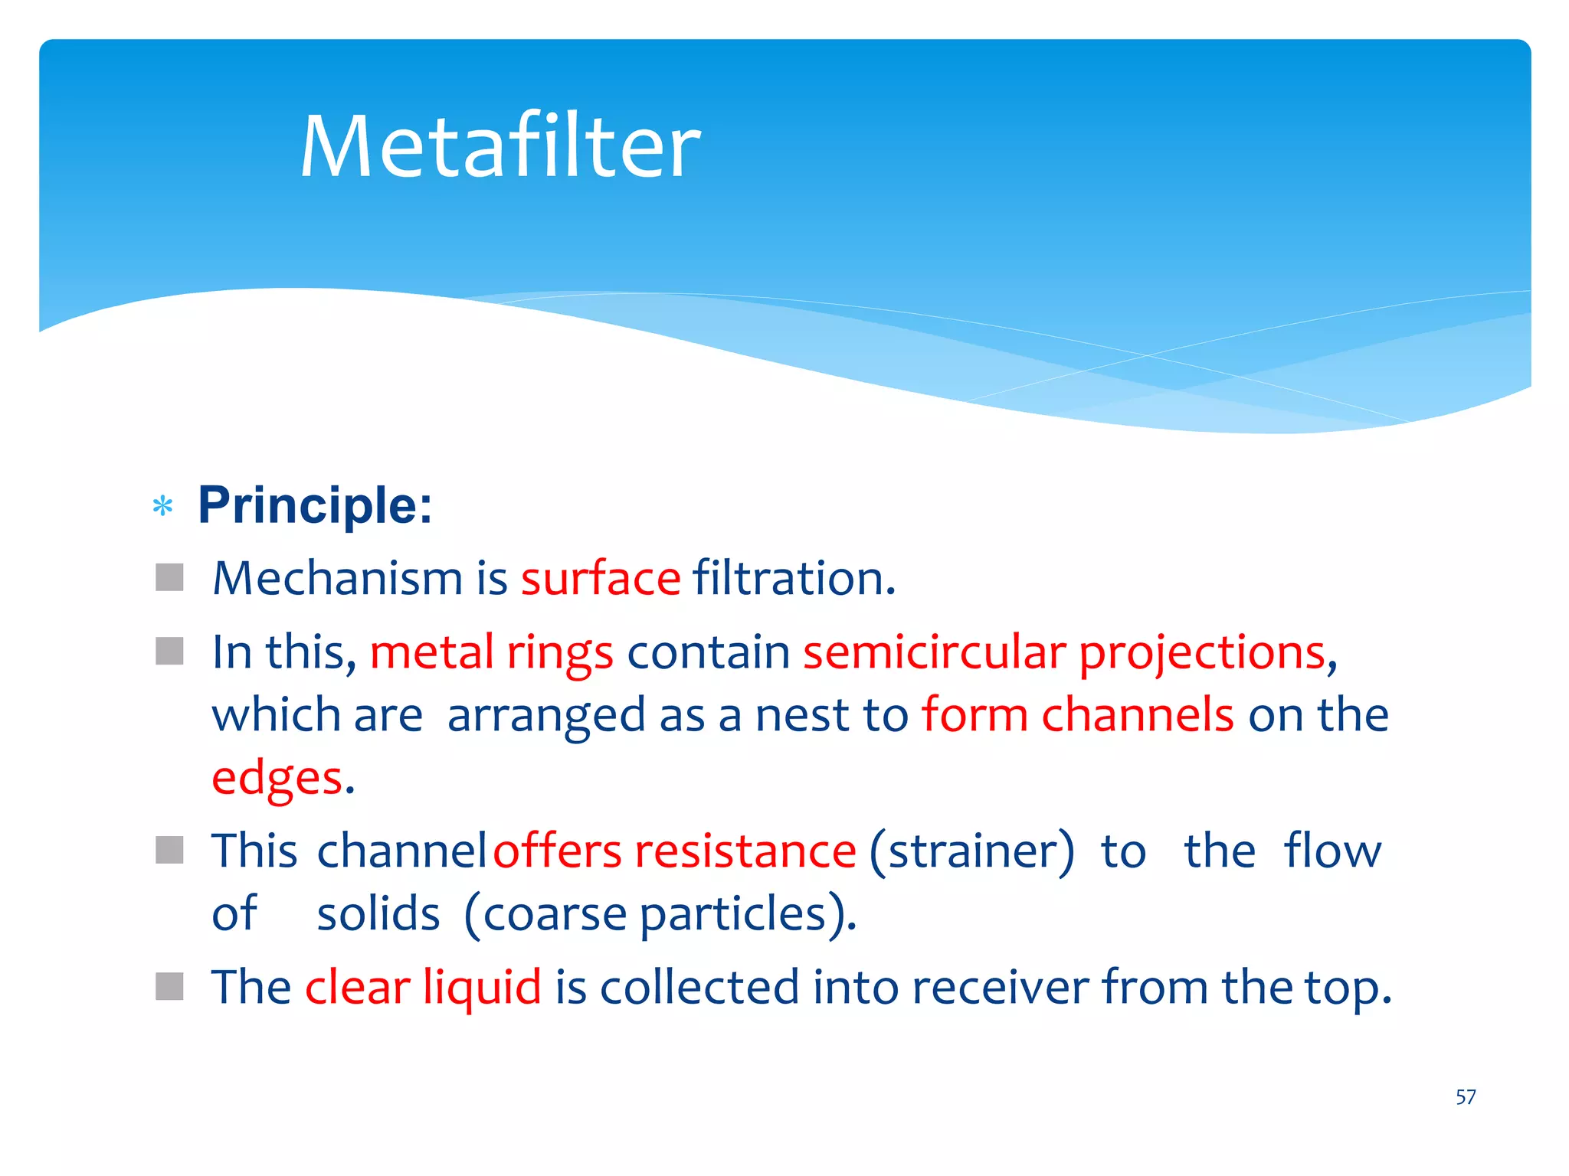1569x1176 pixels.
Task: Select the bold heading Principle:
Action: click(315, 505)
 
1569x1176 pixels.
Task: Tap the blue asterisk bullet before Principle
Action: click(162, 506)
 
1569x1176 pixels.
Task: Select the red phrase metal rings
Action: click(491, 652)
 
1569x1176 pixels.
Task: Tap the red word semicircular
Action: click(934, 652)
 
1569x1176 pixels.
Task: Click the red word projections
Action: click(1202, 652)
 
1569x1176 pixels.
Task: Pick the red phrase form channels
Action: click(1077, 715)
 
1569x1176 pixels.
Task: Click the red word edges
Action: click(277, 778)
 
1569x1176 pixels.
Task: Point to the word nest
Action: click(802, 715)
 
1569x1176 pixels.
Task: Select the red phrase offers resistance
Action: click(674, 851)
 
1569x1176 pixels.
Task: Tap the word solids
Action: click(378, 913)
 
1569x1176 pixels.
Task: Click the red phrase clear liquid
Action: click(423, 987)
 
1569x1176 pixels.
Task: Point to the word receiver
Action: click(1000, 987)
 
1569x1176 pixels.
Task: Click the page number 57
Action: click(1465, 1097)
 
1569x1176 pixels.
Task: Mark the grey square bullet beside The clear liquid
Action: click(169, 986)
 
